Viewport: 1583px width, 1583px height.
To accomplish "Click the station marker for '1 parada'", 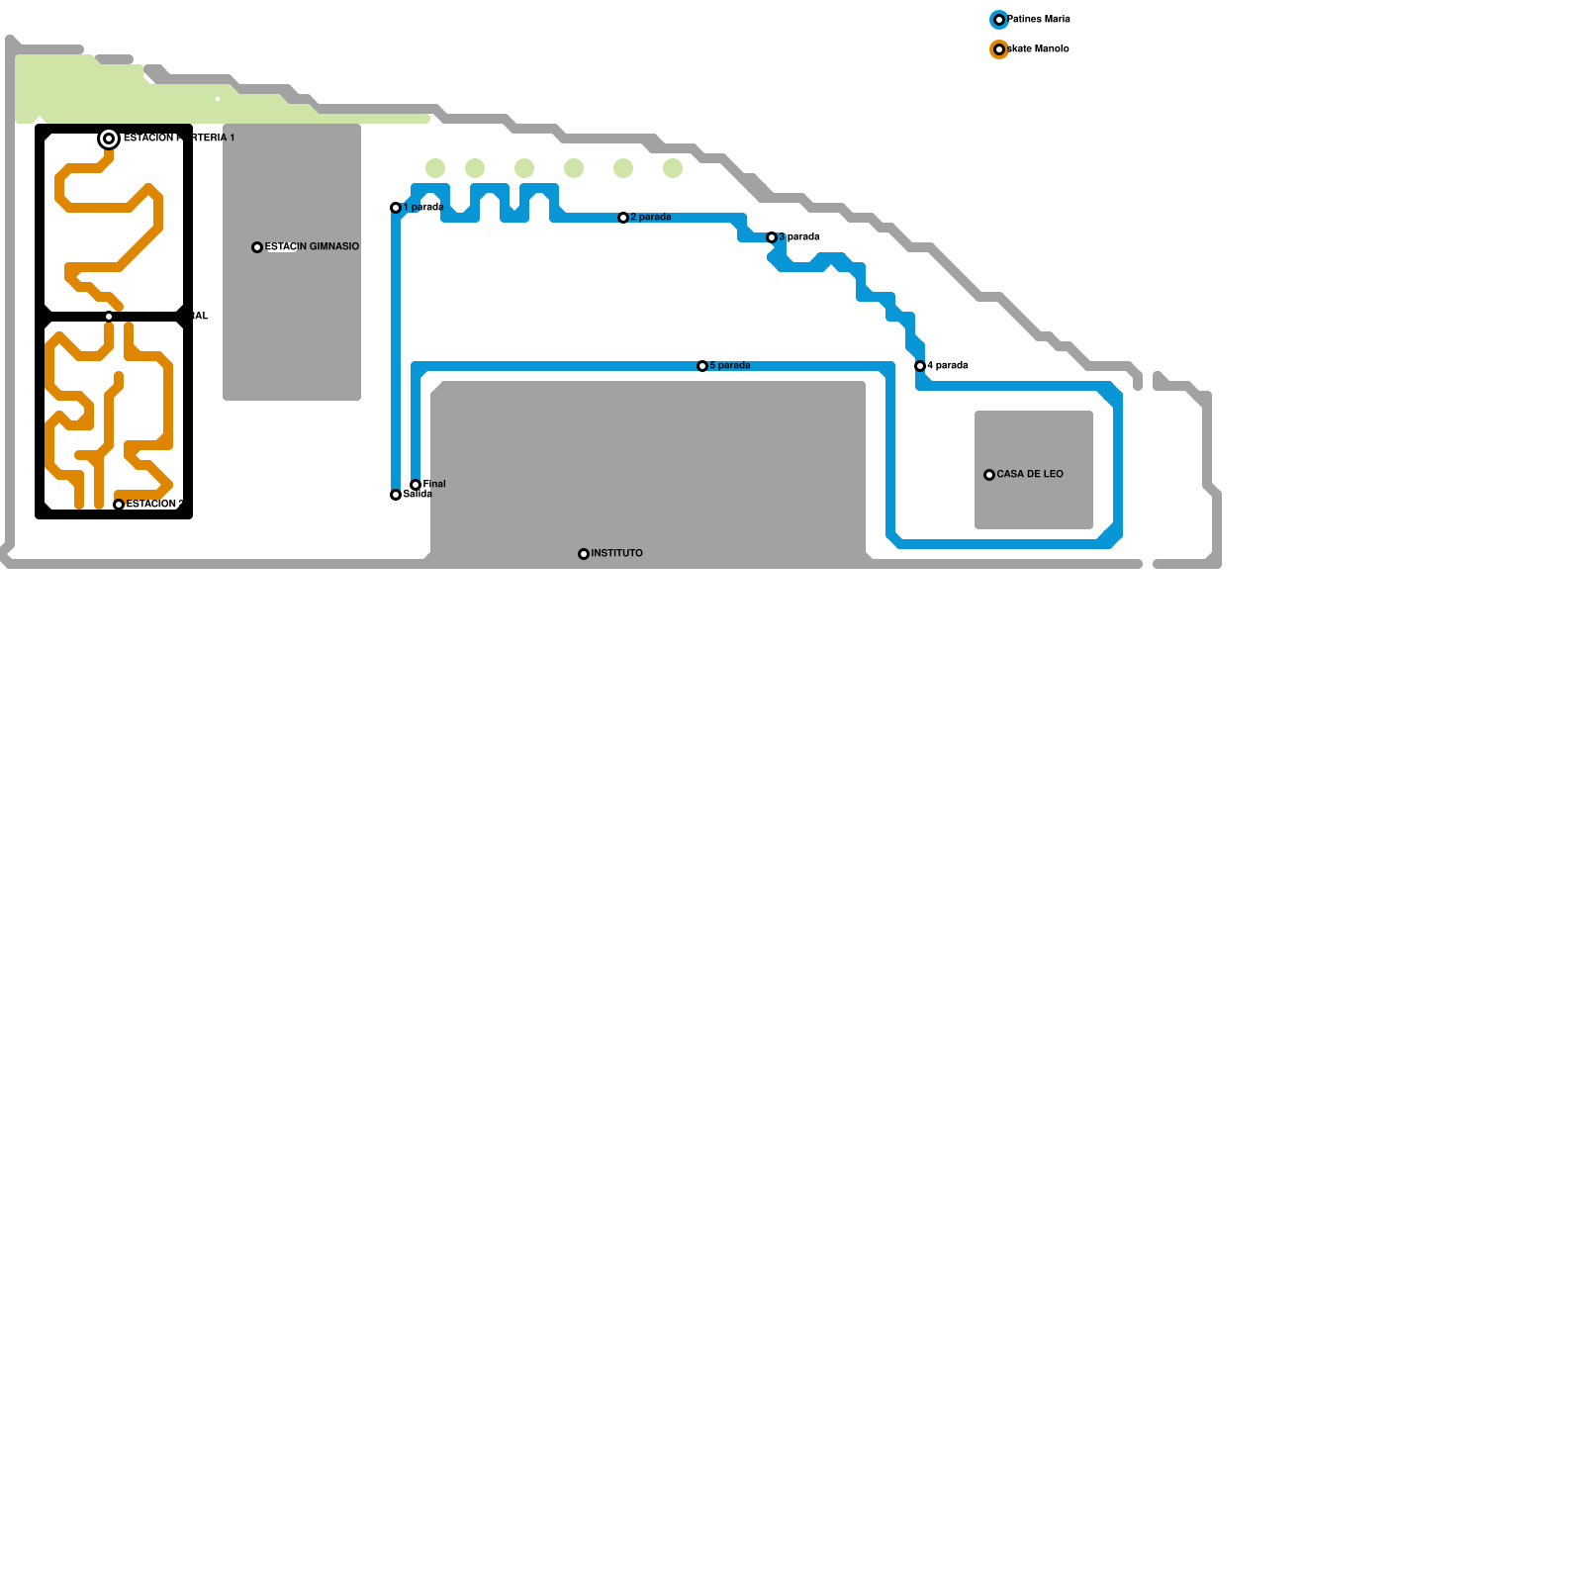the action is click(396, 208).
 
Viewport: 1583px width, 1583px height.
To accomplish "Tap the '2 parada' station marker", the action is click(623, 218).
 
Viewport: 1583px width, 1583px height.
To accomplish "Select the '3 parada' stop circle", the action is click(772, 237).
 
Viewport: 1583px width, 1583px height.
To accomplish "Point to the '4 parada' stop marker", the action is click(920, 366).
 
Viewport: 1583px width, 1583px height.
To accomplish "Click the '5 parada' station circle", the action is click(702, 366).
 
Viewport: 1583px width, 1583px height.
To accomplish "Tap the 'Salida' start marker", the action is click(396, 495).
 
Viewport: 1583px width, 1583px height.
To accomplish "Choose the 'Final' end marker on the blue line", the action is click(416, 485).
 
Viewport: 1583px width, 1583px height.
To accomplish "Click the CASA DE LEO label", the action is click(1030, 474).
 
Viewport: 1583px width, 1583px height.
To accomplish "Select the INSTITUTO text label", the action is click(616, 553).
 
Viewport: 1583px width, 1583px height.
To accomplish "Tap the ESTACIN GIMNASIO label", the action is click(313, 246).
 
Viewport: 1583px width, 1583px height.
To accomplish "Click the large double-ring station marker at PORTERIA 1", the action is click(109, 139).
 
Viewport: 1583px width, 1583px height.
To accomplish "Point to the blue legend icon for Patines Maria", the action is click(999, 20).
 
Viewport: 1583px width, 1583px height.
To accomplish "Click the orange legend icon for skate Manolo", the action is click(999, 49).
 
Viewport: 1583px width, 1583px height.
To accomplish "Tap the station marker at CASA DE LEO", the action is click(989, 475).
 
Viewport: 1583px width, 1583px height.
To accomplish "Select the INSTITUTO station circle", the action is click(584, 554).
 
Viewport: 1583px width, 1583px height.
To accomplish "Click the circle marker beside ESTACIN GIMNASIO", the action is click(257, 247).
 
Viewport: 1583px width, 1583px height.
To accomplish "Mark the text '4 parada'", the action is click(948, 366).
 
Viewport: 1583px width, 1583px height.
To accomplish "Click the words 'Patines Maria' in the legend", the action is click(1039, 20).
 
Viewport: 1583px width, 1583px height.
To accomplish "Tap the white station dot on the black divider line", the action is click(109, 317).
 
